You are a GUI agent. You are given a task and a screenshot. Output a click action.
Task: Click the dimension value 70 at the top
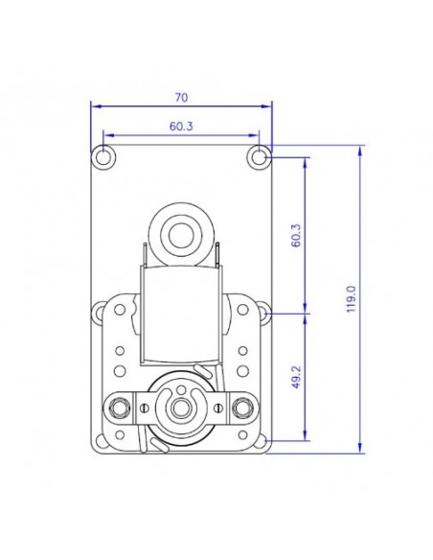pyautogui.click(x=182, y=97)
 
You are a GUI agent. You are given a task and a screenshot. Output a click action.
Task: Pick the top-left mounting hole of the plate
pyautogui.click(x=103, y=155)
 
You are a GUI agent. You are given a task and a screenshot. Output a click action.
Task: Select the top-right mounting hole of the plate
pyautogui.click(x=259, y=155)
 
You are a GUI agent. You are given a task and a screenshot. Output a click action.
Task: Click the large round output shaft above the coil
pyautogui.click(x=180, y=231)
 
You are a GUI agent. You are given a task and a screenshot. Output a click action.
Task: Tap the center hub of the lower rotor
pyautogui.click(x=180, y=408)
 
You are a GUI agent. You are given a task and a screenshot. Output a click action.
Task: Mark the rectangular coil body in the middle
pyautogui.click(x=180, y=312)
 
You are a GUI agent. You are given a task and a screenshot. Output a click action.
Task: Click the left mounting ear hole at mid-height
pyautogui.click(x=101, y=312)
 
